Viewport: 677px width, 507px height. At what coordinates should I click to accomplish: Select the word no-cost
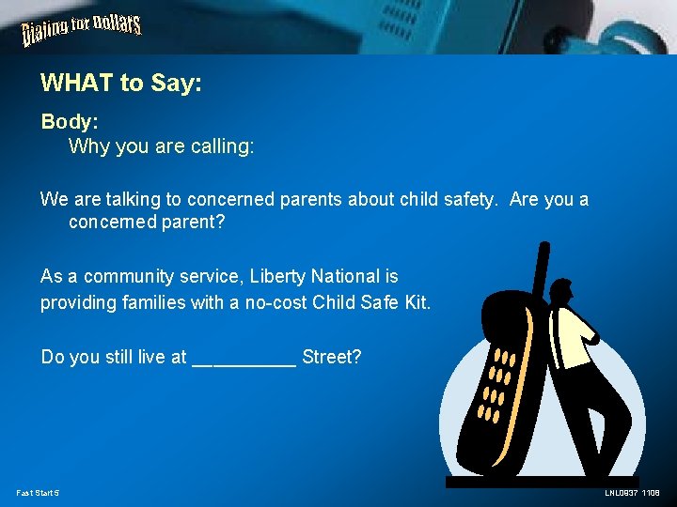(x=276, y=303)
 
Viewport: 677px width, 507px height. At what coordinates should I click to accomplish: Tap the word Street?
(x=332, y=357)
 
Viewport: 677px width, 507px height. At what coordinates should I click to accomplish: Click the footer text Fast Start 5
(x=38, y=493)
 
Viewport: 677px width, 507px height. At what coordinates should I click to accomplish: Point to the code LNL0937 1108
(x=632, y=493)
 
